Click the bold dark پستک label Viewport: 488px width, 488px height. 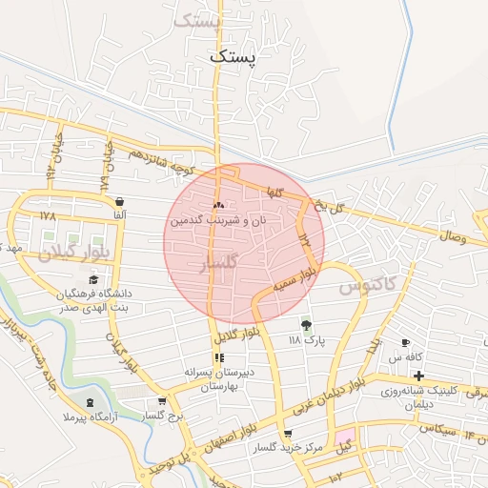[x=234, y=57]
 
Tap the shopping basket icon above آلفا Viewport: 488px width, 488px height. [x=119, y=202]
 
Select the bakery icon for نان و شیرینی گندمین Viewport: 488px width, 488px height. [x=219, y=205]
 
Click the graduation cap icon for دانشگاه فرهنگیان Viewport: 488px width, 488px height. [x=93, y=279]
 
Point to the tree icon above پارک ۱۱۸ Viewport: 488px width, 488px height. [x=306, y=324]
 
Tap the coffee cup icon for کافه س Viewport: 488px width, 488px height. [x=406, y=342]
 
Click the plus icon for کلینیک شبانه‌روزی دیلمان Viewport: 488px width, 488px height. [x=418, y=376]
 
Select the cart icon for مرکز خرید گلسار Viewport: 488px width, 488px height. [x=287, y=435]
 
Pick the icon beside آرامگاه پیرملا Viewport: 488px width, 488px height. [x=91, y=404]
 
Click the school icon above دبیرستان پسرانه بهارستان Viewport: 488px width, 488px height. [x=219, y=358]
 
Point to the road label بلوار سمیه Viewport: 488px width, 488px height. [x=294, y=279]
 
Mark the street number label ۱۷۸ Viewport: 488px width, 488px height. [x=49, y=216]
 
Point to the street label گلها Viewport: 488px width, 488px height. [x=276, y=192]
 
